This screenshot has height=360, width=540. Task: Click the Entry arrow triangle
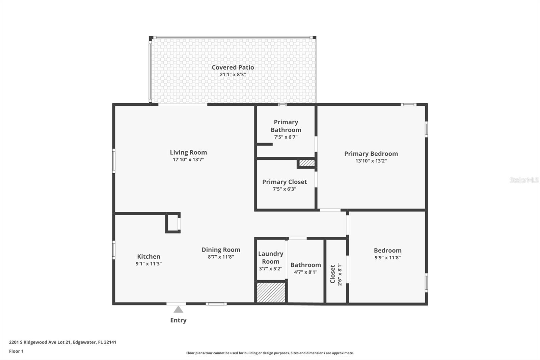pyautogui.click(x=178, y=309)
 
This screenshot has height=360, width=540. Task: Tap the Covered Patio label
pyautogui.click(x=233, y=67)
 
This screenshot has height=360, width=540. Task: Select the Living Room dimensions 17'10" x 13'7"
pyautogui.click(x=188, y=160)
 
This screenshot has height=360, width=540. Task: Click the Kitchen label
pyautogui.click(x=148, y=256)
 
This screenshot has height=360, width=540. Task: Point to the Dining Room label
pyautogui.click(x=221, y=250)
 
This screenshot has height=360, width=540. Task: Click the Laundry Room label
pyautogui.click(x=270, y=257)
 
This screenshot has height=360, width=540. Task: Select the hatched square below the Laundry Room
pyautogui.click(x=271, y=292)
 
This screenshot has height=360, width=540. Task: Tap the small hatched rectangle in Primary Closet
pyautogui.click(x=307, y=163)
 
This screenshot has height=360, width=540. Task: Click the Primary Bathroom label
pyautogui.click(x=286, y=126)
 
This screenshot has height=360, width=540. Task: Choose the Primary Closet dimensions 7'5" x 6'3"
pyautogui.click(x=285, y=189)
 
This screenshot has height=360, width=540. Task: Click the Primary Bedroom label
pyautogui.click(x=371, y=154)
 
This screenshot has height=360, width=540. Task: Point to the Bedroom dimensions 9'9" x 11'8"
pyautogui.click(x=387, y=258)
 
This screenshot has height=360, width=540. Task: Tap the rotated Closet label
pyautogui.click(x=333, y=274)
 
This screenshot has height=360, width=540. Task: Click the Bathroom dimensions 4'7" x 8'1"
pyautogui.click(x=305, y=272)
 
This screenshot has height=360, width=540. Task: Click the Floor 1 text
pyautogui.click(x=16, y=351)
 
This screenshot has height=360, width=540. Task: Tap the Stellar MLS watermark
pyautogui.click(x=524, y=180)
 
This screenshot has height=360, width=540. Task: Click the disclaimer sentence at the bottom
pyautogui.click(x=270, y=353)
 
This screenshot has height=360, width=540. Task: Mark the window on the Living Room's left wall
pyautogui.click(x=114, y=161)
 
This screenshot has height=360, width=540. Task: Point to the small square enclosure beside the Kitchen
pyautogui.click(x=172, y=223)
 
